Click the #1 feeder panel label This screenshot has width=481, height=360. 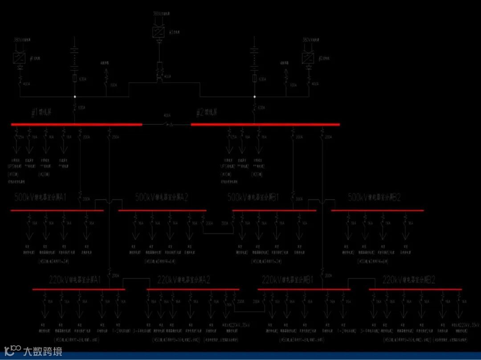pyautogui.click(x=42, y=113)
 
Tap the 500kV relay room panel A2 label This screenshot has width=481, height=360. pyautogui.click(x=161, y=197)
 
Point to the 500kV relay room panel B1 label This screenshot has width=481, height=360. pyautogui.click(x=253, y=197)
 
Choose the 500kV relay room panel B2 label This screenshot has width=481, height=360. pyautogui.click(x=374, y=197)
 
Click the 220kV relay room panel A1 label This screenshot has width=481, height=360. pyautogui.click(x=75, y=280)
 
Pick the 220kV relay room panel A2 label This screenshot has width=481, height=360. pyautogui.click(x=183, y=280)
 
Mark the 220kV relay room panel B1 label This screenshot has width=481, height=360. pyautogui.click(x=288, y=280)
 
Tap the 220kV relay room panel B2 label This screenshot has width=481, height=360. pyautogui.click(x=409, y=280)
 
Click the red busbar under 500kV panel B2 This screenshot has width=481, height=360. pyautogui.click(x=377, y=210)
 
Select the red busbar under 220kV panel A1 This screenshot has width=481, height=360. pyautogui.click(x=78, y=289)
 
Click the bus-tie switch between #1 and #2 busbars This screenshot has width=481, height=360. pyautogui.click(x=167, y=124)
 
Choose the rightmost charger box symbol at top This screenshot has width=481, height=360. pyautogui.click(x=308, y=58)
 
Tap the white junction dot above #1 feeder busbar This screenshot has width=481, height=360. pyautogui.click(x=75, y=96)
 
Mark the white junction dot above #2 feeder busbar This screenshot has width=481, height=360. pyautogui.click(x=255, y=96)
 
